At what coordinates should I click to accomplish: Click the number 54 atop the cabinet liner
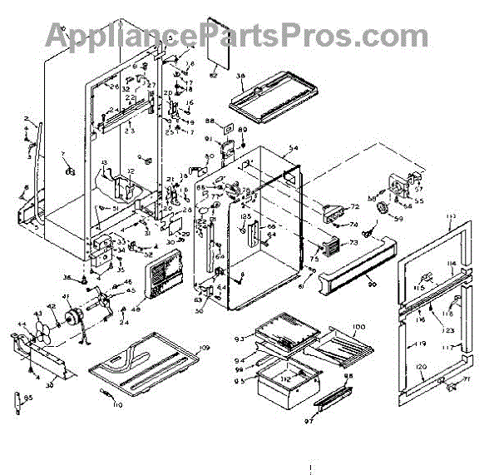tap(293, 147)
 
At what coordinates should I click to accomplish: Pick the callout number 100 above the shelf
tap(358, 325)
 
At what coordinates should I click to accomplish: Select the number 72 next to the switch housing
tap(353, 206)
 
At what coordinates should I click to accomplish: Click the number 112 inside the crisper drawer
tap(284, 379)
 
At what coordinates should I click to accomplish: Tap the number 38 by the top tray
tap(240, 76)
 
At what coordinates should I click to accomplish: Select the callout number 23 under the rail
tap(130, 130)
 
